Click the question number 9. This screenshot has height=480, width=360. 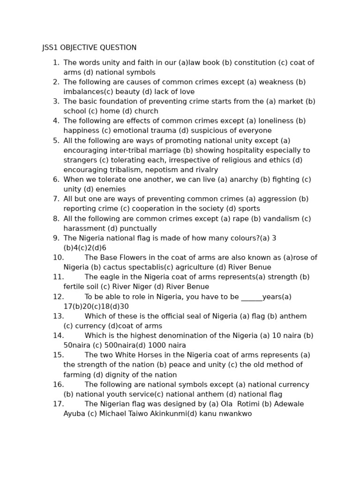(56, 239)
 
